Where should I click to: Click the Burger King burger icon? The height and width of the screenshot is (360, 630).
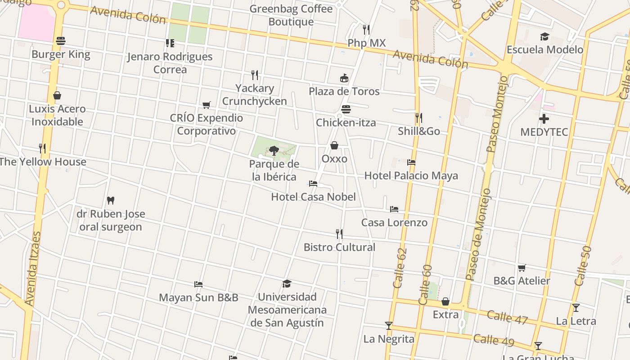tap(61, 41)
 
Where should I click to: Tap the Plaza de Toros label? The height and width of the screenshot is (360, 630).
tap(344, 91)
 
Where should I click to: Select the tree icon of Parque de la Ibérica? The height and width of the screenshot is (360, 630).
tap(274, 150)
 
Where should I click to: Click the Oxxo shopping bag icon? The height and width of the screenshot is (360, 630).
tap(334, 145)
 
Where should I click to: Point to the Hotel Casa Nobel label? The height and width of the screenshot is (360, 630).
tap(313, 197)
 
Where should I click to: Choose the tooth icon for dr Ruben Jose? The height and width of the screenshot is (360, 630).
tap(111, 200)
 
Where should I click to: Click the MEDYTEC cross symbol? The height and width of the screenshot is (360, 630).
tap(544, 119)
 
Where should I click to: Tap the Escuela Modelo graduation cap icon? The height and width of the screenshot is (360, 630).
tap(545, 36)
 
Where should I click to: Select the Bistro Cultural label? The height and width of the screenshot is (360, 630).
tap(339, 247)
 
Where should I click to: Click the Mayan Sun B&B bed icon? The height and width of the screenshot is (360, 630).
tap(198, 284)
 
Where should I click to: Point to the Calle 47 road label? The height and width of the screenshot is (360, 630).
tap(507, 317)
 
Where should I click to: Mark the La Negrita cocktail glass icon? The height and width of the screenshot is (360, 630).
tap(389, 325)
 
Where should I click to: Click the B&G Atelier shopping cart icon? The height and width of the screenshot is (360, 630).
tap(522, 268)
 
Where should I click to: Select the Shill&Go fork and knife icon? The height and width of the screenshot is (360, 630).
tap(418, 118)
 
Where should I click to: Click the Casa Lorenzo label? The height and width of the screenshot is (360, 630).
tap(394, 222)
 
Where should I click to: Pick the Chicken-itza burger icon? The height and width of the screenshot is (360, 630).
tap(346, 109)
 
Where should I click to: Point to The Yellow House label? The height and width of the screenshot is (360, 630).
tap(43, 162)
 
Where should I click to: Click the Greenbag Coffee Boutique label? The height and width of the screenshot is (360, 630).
tap(291, 15)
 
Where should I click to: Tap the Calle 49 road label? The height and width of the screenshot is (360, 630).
tap(494, 340)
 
